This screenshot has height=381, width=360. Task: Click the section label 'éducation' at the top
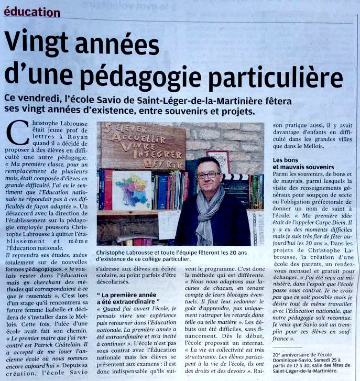pyautogui.click(x=32, y=12)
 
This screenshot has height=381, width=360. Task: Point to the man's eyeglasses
pyautogui.click(x=208, y=175)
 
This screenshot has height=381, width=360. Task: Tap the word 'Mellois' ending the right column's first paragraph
pyautogui.click(x=310, y=147)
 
